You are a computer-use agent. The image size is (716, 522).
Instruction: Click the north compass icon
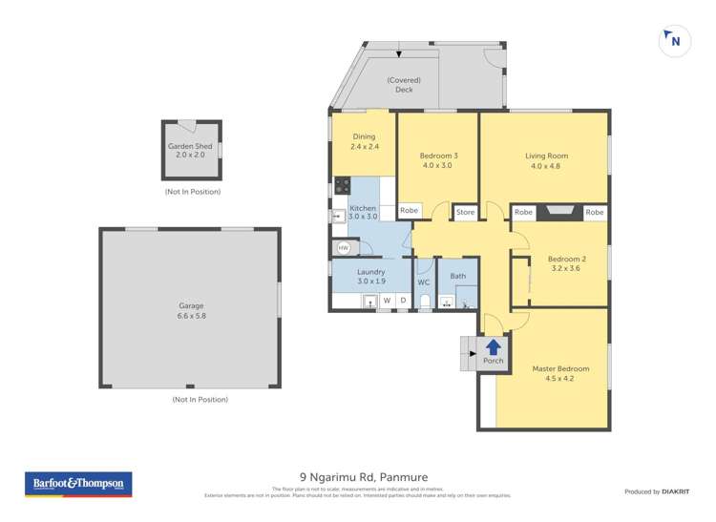pos(675,40)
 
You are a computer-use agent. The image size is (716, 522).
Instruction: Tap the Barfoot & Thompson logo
pos(77,485)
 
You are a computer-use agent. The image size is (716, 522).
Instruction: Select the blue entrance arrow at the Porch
pos(494,347)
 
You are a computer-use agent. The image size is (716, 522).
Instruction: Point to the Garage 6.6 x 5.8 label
pos(192,311)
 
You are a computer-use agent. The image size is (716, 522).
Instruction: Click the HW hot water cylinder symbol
pos(343,248)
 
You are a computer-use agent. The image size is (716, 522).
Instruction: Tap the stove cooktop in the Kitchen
pos(342,187)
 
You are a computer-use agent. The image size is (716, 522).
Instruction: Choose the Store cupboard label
pos(465,212)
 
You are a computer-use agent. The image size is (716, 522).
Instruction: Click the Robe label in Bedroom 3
pos(410,211)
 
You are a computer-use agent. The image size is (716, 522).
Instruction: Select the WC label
pos(424,282)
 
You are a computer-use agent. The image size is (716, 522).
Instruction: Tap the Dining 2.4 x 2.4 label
pos(364,141)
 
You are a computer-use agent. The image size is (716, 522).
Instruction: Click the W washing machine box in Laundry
pos(387,302)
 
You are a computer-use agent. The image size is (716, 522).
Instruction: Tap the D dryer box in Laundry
pos(402,302)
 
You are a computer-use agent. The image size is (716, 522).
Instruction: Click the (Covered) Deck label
pos(405,85)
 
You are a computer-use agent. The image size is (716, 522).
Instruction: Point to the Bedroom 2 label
pos(565,263)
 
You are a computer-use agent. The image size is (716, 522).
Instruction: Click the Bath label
pos(458,277)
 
